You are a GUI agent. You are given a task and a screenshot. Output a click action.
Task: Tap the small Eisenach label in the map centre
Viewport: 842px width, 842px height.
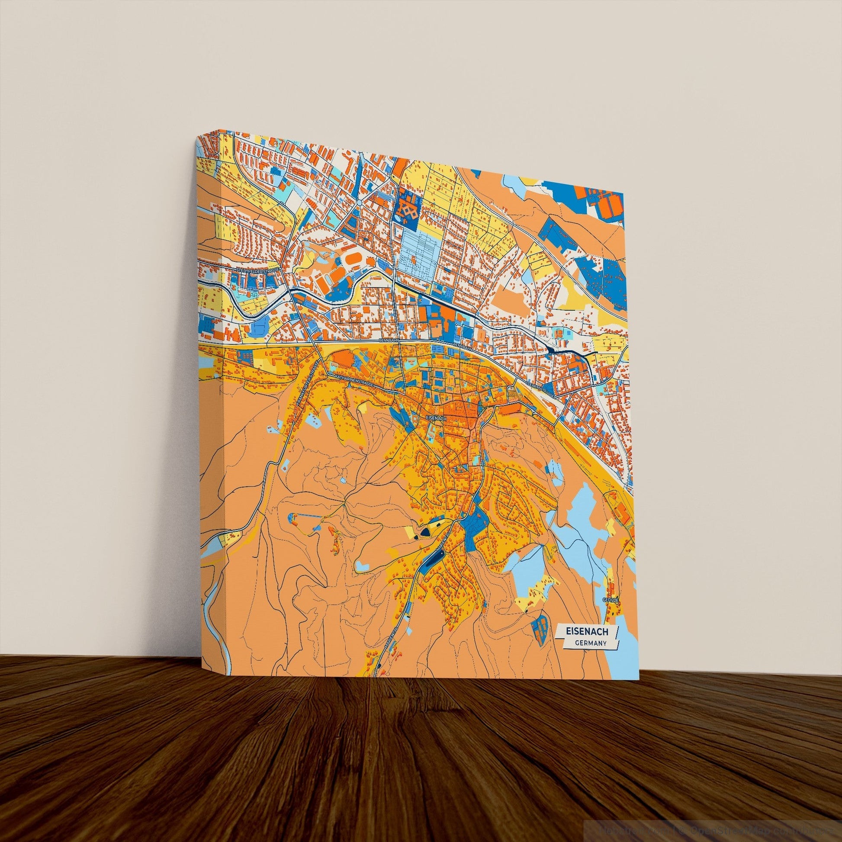436,418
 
